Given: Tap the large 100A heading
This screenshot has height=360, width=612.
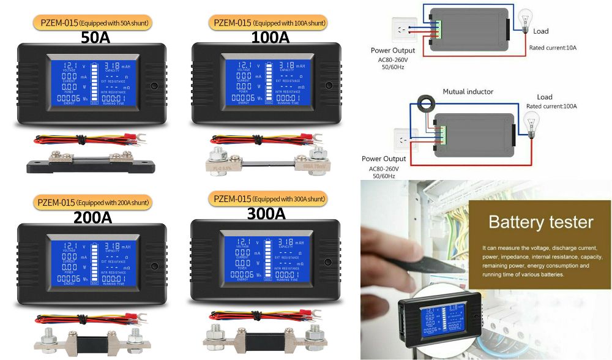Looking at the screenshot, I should click(270, 38).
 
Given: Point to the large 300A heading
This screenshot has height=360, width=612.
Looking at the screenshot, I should click(266, 214).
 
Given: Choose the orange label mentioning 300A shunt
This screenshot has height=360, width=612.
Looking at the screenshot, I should click(267, 199).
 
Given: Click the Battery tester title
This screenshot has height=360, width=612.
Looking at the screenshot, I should click(540, 222).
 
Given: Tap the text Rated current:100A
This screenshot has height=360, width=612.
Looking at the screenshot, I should click(551, 107).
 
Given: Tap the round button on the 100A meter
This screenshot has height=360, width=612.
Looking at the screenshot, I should click(329, 86).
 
